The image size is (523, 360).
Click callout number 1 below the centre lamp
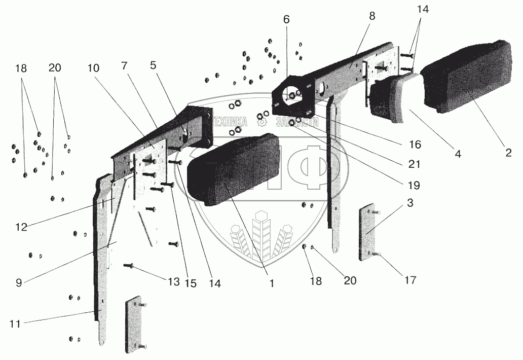(272, 284)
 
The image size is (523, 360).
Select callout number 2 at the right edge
(508, 153)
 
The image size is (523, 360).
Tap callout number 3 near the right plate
(410, 203)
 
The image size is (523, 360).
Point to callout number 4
(458, 154)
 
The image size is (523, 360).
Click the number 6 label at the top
(287, 20)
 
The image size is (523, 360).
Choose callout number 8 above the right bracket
(372, 16)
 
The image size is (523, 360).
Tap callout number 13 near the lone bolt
(173, 282)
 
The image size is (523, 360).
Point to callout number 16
(415, 145)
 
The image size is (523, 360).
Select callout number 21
(415, 165)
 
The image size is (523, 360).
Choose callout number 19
(415, 185)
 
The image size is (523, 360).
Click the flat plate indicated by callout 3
(368, 233)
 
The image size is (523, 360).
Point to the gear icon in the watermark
(262, 122)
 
